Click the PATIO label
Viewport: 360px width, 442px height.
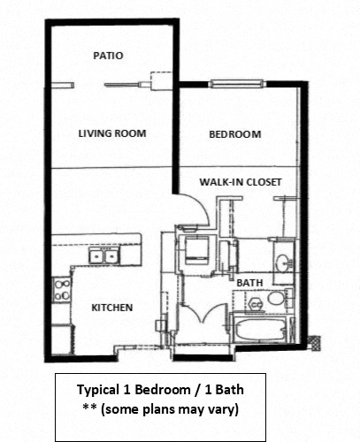pyautogui.click(x=108, y=56)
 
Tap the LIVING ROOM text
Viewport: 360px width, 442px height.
pyautogui.click(x=111, y=133)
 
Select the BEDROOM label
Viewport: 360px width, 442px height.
pyautogui.click(x=234, y=134)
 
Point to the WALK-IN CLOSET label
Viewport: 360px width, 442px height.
pyautogui.click(x=240, y=182)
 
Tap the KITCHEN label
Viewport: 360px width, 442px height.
pyautogui.click(x=112, y=308)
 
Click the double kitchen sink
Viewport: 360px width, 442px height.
pyautogui.click(x=108, y=256)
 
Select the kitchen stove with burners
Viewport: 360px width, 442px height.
pyautogui.click(x=63, y=290)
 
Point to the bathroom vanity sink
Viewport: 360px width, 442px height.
pyautogui.click(x=281, y=263)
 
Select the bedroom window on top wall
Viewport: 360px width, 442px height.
pyautogui.click(x=235, y=85)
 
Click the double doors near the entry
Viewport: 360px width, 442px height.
pyautogui.click(x=203, y=317)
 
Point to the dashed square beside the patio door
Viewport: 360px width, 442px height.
pyautogui.click(x=158, y=80)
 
